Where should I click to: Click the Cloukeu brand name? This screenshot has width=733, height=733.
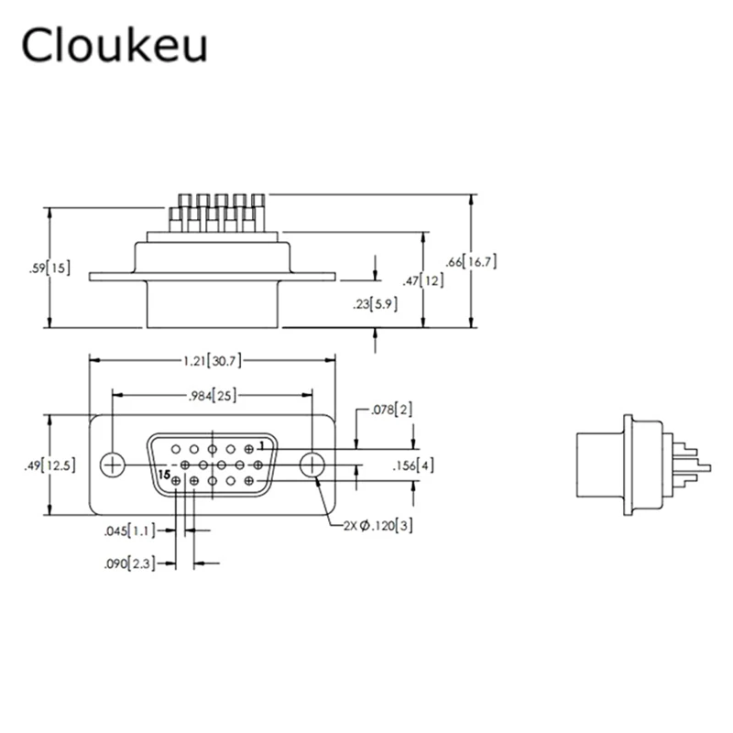click(114, 45)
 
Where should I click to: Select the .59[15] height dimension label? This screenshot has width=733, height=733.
click(49, 268)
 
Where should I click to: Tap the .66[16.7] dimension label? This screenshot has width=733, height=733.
click(471, 261)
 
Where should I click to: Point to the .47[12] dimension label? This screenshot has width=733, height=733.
click(423, 280)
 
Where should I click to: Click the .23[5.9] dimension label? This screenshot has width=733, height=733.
click(375, 304)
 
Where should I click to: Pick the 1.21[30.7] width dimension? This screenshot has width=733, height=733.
click(213, 360)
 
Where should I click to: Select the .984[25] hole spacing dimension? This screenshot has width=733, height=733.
click(213, 396)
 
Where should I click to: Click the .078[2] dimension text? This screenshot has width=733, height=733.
click(392, 410)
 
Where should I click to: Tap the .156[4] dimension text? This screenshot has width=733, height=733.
click(413, 465)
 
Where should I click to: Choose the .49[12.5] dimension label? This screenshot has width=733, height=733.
click(49, 465)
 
